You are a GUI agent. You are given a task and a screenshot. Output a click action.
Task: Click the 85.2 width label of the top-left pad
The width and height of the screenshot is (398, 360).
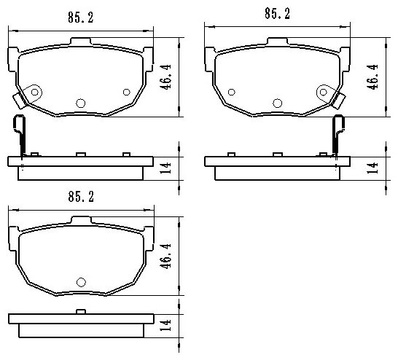[x=81, y=17]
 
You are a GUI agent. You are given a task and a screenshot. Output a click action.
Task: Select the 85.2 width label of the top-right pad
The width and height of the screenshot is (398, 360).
[x=277, y=13]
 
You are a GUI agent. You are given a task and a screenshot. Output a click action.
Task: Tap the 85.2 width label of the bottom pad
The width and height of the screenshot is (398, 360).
[x=81, y=197]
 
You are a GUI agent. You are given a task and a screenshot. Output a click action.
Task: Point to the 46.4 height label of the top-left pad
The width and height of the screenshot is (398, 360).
[x=165, y=77]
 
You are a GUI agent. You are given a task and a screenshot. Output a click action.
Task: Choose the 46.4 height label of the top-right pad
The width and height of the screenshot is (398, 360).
[x=372, y=77]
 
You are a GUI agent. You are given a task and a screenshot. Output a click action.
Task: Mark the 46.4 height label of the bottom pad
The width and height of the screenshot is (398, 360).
[x=165, y=256]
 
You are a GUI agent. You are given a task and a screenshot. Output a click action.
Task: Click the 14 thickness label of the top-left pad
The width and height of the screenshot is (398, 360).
[x=165, y=168]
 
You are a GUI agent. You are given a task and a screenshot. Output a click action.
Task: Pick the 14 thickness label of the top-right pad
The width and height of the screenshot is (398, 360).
[x=372, y=168]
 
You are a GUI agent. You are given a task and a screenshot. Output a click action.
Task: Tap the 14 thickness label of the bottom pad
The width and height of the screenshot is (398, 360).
[x=165, y=325]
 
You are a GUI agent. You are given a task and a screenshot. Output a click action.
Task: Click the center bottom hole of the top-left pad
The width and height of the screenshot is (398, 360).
[x=81, y=103]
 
